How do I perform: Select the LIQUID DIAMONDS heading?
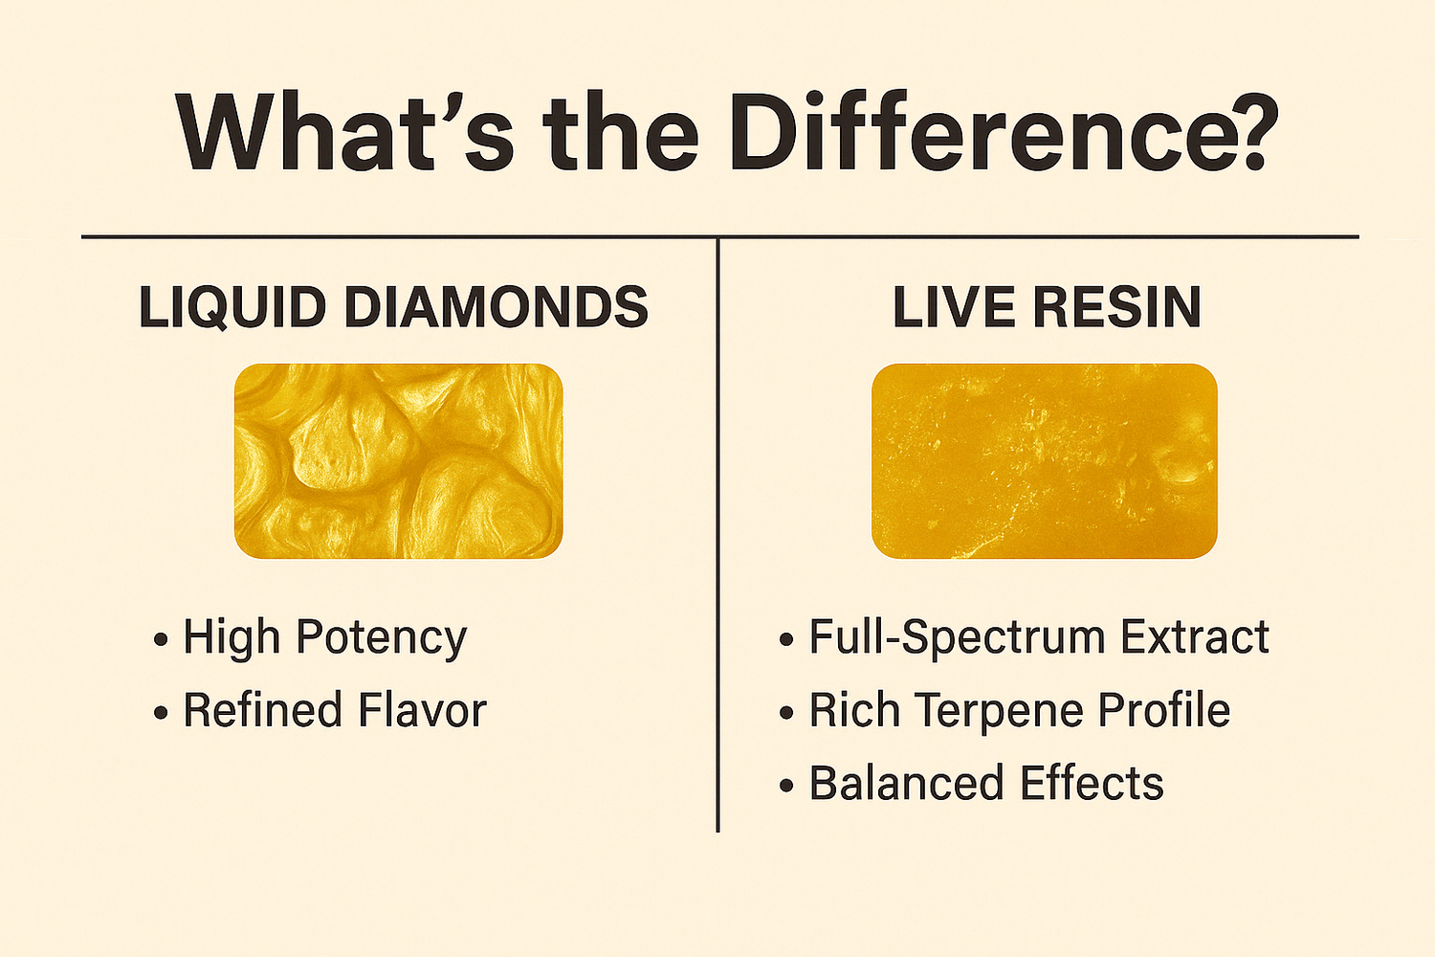pos(393,307)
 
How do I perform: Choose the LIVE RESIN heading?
pos(1047,307)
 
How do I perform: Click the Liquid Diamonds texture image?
pos(398,460)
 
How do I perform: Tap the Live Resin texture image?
pos(1044,460)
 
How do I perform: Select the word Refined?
pos(262,710)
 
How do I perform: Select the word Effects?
pos(1092,783)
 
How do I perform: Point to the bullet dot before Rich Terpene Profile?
pos(786,713)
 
